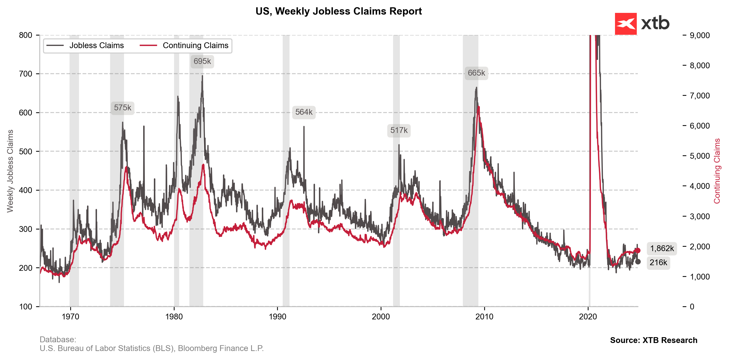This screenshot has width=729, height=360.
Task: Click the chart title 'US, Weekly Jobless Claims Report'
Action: click(338, 11)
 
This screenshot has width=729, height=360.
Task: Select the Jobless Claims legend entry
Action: click(85, 45)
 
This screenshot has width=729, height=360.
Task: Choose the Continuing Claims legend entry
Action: click(184, 45)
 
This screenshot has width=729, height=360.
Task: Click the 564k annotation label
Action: click(304, 112)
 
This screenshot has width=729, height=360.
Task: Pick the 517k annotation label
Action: click(399, 130)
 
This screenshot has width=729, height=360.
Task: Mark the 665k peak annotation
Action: click(476, 73)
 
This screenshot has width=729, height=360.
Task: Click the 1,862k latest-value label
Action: click(662, 248)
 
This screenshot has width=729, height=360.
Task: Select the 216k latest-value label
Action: click(658, 263)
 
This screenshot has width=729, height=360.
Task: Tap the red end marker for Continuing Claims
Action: click(638, 250)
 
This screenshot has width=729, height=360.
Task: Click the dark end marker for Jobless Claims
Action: click(638, 262)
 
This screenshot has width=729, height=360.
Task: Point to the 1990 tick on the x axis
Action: click(277, 317)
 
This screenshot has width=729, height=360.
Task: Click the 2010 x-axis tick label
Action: click(484, 317)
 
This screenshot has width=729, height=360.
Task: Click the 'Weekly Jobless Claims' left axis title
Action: click(10, 171)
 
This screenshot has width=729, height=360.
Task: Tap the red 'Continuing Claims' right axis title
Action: click(717, 171)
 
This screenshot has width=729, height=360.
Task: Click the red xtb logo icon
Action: click(626, 24)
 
